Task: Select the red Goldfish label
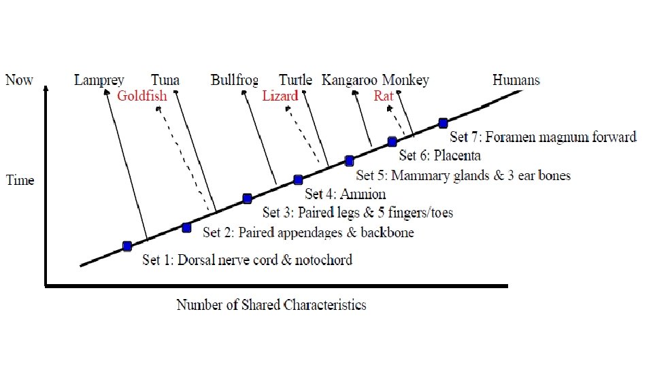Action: [141, 96]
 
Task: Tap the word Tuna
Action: [165, 80]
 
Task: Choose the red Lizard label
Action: [280, 96]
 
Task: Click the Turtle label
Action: [296, 80]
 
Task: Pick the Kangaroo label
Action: [350, 80]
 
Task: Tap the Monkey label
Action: [405, 80]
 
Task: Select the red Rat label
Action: [384, 96]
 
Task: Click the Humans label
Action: [516, 80]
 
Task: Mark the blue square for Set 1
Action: [127, 246]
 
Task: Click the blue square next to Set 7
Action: [443, 123]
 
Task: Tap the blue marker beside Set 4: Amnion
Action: [298, 180]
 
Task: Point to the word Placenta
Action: [457, 156]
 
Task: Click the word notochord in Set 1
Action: [323, 260]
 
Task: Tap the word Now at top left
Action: [19, 80]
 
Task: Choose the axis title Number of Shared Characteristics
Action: [271, 304]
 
